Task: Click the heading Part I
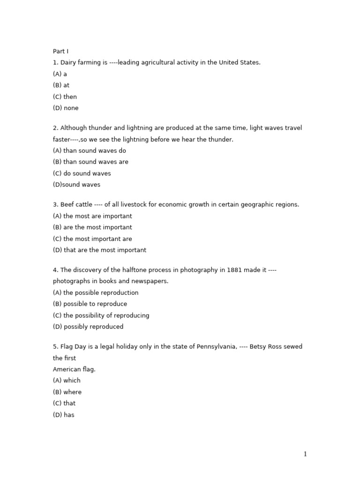point(60,51)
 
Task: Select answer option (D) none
point(66,108)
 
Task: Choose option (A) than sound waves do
point(89,150)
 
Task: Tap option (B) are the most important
point(92,227)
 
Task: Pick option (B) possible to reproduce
point(90,304)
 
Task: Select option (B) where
point(67,392)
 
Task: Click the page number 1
point(305,454)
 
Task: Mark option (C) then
point(65,97)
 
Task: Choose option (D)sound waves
point(76,185)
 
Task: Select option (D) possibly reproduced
point(88,327)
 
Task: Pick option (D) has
point(63,415)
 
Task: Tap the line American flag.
point(74,369)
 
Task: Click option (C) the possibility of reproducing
point(101,315)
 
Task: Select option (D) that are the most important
point(99,250)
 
